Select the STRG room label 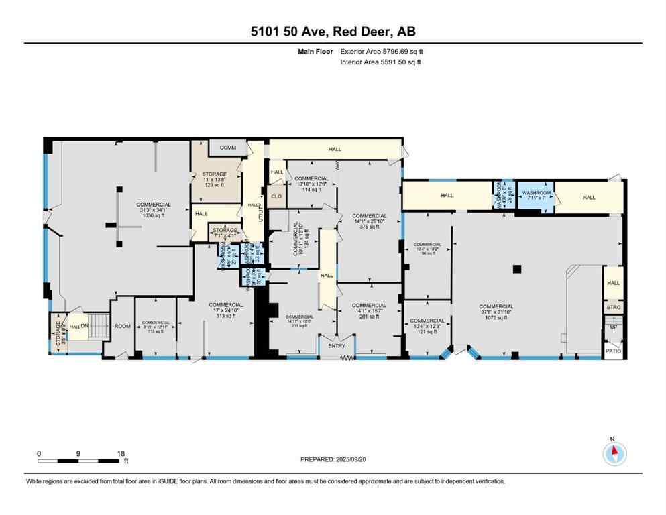(x=614, y=307)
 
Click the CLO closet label (x=276, y=196)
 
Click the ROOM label (x=122, y=326)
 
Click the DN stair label (x=85, y=326)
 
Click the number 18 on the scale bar (x=121, y=453)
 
